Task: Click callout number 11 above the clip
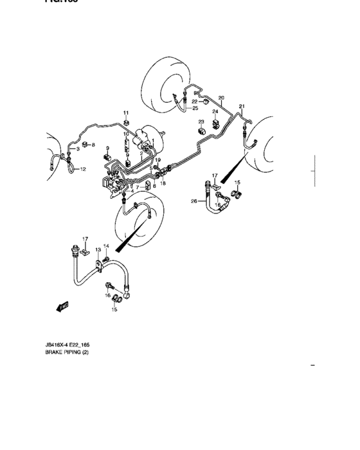pos(126,113)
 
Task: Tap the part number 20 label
pos(221,98)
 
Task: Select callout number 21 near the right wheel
pos(242,105)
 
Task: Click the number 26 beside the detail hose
pos(194,202)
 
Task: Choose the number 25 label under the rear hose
pos(195,108)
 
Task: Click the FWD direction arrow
pos(62,307)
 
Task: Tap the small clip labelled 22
pos(204,102)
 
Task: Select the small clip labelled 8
pos(85,145)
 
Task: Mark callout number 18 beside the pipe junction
pos(163,184)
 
